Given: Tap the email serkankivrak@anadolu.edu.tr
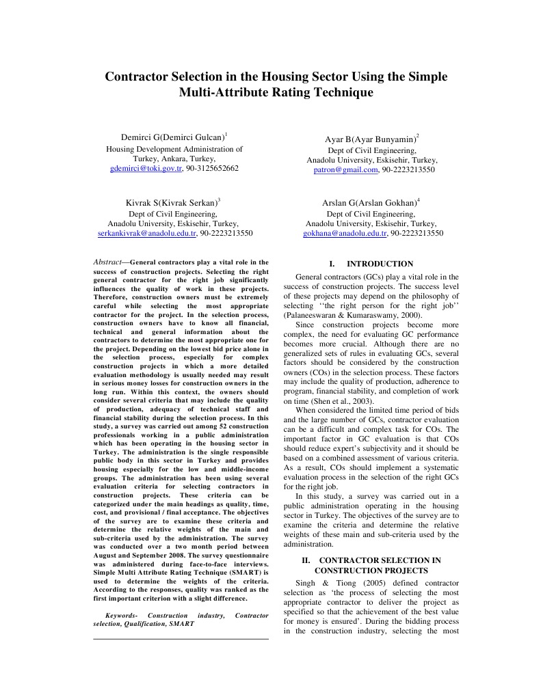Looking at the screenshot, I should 147,233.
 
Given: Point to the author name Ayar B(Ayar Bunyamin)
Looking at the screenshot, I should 370,139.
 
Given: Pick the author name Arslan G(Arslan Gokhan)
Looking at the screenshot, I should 369,203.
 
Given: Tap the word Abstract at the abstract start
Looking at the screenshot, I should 107,262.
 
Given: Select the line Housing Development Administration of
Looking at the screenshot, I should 174,148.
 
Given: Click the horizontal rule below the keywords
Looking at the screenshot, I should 181,639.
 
